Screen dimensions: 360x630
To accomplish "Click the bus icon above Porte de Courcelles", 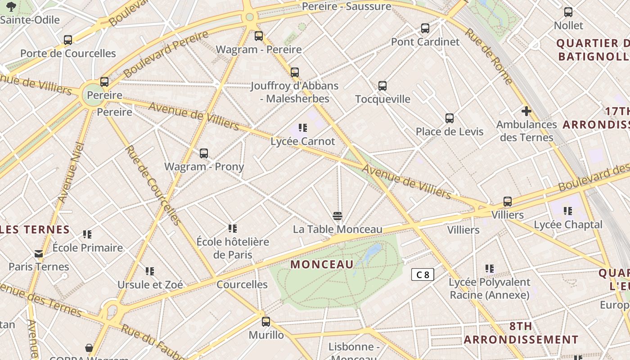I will [x=68, y=40].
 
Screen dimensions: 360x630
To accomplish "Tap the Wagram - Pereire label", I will [x=259, y=49].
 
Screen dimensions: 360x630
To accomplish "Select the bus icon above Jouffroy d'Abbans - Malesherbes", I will [x=295, y=72].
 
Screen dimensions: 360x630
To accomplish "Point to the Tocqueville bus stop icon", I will [x=382, y=85].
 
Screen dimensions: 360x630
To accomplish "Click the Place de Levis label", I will [x=449, y=132].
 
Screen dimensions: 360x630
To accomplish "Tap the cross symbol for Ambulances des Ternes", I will [x=526, y=111].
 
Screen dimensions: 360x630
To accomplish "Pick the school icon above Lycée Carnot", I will [x=303, y=128].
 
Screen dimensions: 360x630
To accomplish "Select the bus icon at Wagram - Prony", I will [x=204, y=153].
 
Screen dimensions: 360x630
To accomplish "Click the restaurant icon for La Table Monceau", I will [x=337, y=216].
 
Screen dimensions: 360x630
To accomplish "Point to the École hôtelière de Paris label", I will [x=233, y=248].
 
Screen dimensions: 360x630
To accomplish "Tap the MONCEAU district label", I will [x=322, y=265].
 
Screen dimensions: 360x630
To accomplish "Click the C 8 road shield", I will [x=423, y=274].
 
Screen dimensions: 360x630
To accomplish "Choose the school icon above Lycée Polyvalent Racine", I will [x=490, y=269].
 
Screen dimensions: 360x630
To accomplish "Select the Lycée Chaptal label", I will [x=568, y=225].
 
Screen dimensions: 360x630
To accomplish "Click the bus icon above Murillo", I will [x=266, y=322].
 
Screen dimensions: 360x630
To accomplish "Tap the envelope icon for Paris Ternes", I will [x=39, y=254].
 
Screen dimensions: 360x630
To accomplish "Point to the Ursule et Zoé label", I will [x=150, y=285].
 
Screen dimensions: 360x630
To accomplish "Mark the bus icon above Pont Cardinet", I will [x=425, y=28].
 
